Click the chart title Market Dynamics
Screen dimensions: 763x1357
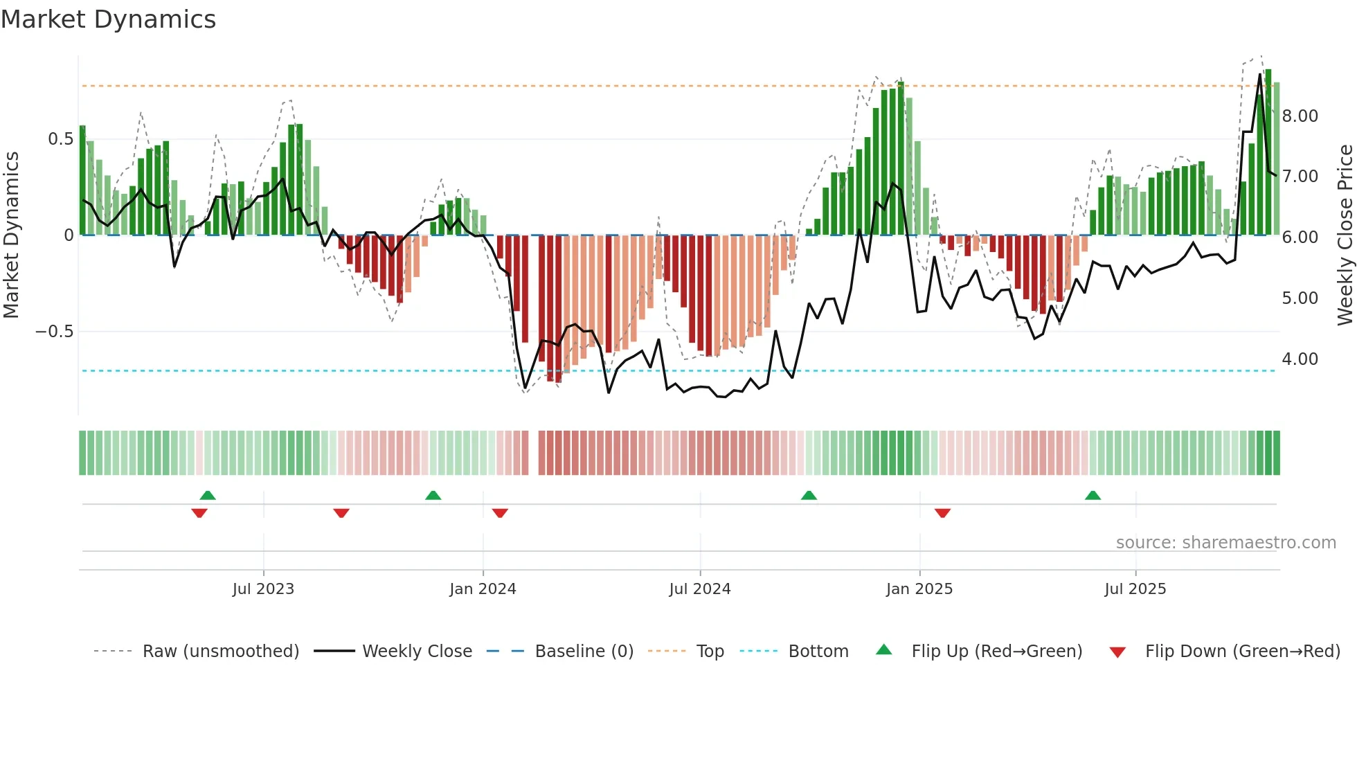click(x=108, y=19)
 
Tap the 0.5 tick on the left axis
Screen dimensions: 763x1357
click(x=60, y=139)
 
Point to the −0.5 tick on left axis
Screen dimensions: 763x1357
click(x=55, y=332)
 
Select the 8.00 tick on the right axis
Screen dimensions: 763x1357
click(x=1300, y=116)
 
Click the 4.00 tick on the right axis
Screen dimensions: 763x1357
click(x=1300, y=359)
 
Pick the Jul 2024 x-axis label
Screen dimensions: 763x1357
click(x=699, y=589)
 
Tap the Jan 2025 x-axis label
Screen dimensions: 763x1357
click(x=919, y=589)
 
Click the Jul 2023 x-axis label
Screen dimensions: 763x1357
click(x=263, y=589)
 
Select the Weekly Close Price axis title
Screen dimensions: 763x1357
click(x=1345, y=235)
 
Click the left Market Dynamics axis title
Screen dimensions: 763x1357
click(x=11, y=235)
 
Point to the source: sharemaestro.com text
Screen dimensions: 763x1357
click(x=1225, y=543)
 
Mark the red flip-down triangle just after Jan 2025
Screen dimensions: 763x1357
click(x=942, y=513)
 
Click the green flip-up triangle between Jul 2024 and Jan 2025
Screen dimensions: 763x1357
click(x=809, y=495)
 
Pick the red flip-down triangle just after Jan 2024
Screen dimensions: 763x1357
click(x=500, y=513)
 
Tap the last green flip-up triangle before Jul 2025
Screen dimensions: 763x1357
click(x=1093, y=495)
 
